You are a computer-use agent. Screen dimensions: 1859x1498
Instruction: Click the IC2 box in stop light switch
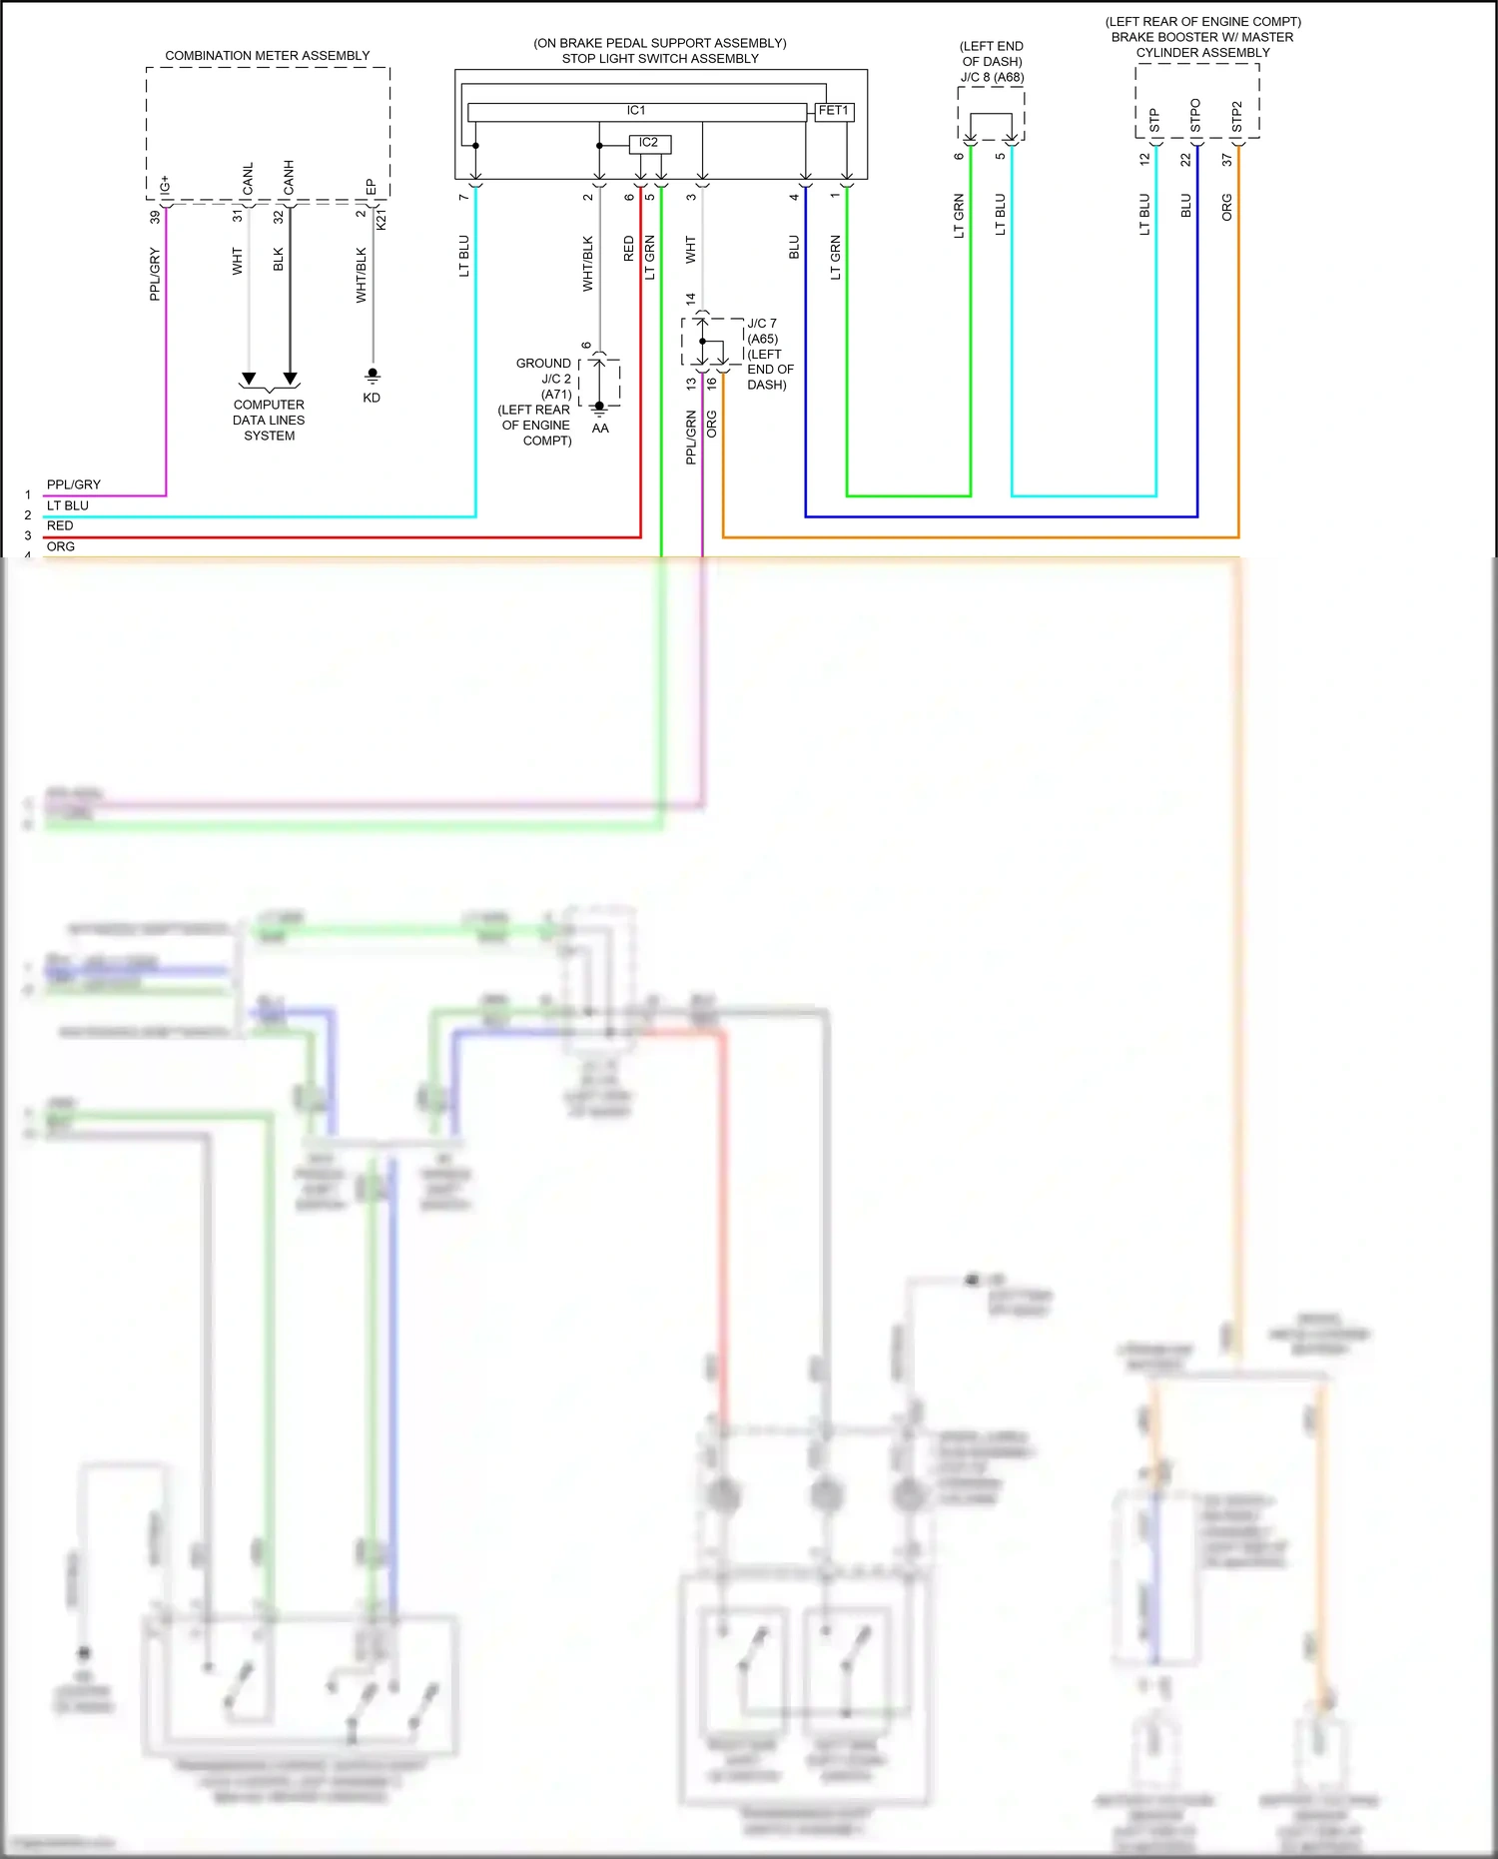649,144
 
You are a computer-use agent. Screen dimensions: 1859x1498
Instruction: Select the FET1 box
834,111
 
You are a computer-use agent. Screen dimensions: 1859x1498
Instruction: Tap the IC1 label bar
636,111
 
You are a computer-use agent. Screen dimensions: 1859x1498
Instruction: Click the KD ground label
372,398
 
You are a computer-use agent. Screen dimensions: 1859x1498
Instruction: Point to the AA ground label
600,429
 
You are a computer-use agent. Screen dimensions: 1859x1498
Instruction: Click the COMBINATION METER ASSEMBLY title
267,56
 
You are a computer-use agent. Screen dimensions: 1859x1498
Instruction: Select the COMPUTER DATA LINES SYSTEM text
269,421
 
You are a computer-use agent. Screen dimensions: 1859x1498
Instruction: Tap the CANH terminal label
289,178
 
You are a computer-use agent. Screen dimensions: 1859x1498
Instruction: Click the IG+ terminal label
166,185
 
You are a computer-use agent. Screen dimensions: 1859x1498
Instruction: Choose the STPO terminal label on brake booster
1195,116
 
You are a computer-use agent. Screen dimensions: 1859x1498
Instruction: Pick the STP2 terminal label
1236,117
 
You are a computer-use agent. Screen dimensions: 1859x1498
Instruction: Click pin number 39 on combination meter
155,217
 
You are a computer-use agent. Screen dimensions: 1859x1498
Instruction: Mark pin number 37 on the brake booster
1226,160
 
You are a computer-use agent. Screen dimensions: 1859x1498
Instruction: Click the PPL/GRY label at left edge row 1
74,484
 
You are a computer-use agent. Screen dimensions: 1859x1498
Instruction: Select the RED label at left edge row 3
60,525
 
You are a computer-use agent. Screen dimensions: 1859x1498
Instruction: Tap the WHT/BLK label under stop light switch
587,264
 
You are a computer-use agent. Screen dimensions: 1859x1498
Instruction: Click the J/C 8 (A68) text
992,77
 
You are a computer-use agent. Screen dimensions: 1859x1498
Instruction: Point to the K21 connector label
381,220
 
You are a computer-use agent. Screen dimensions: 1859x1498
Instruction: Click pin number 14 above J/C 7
690,299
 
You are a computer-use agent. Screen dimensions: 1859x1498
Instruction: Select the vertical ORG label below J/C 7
712,425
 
